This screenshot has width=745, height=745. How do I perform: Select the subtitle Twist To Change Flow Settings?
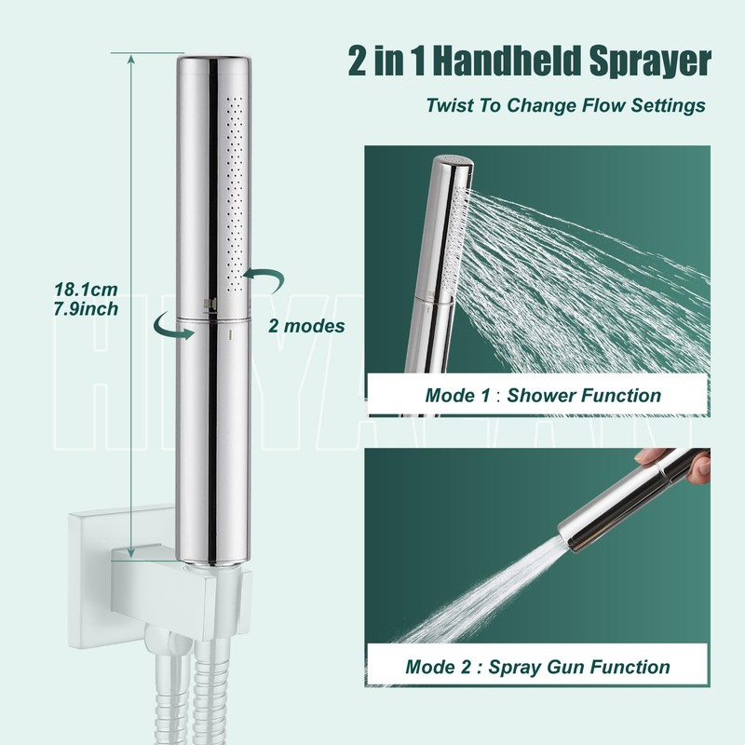point(565,104)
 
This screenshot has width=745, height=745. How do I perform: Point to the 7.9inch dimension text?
point(86,308)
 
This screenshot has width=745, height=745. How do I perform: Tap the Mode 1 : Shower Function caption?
point(543,395)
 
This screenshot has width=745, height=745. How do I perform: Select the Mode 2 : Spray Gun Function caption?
point(537,667)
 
